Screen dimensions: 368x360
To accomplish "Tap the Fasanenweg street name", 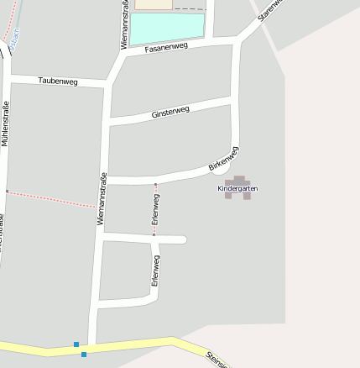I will pos(164,48).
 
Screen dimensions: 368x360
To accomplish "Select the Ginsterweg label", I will pos(170,111).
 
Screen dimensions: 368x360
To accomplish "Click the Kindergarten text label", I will pos(237,188).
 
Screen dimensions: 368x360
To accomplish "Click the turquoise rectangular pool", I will pos(167,28).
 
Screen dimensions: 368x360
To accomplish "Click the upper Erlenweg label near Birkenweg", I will pos(155,208).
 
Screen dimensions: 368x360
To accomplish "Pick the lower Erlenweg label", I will pos(155,271).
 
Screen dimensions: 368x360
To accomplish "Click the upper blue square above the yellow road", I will pos(76,344).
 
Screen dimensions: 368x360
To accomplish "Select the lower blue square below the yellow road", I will pos(84,355).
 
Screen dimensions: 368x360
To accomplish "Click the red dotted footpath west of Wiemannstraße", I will pos(50,198).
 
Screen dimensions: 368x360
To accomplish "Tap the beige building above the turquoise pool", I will pos(153,4).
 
